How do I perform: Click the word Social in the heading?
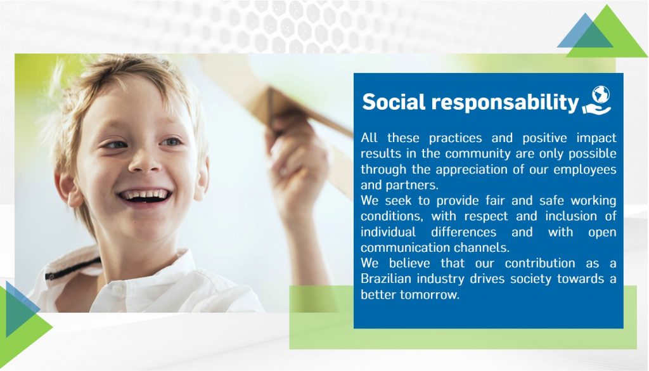pos(394,101)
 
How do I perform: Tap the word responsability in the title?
pos(505,103)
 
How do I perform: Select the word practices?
pos(455,138)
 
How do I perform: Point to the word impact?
pos(596,138)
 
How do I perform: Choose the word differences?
pos(463,232)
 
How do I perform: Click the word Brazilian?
pos(386,278)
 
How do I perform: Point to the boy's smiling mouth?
pos(145,196)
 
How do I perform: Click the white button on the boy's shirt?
pos(117,288)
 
